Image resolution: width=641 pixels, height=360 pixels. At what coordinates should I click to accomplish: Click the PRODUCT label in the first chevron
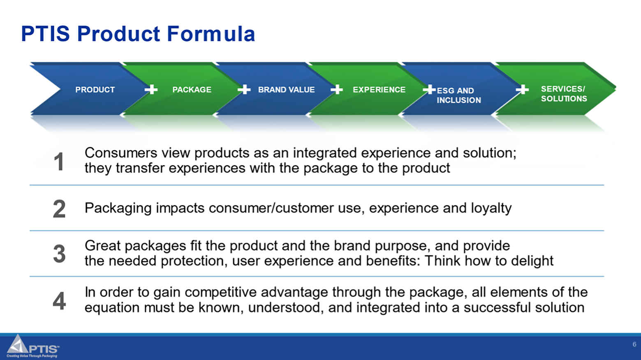coord(95,90)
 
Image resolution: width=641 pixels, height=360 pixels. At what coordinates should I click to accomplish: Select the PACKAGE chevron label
coord(192,90)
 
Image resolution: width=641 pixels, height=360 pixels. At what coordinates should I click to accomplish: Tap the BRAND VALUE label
coord(286,90)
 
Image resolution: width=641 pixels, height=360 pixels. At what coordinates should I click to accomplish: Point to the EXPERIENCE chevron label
coord(379,90)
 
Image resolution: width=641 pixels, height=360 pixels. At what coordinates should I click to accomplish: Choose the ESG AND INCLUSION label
coord(458,95)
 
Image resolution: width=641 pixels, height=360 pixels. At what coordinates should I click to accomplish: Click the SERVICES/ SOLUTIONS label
coord(564,94)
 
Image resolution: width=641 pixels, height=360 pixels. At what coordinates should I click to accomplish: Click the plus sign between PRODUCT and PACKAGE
coord(151,89)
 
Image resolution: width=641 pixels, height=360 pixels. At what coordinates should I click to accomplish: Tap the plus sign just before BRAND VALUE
coord(244,89)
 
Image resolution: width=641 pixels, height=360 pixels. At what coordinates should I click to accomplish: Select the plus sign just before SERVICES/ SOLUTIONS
coord(522,89)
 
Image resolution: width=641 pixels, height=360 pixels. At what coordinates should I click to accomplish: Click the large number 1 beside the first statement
coord(59,162)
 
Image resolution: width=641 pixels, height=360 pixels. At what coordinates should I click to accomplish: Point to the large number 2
coord(59,209)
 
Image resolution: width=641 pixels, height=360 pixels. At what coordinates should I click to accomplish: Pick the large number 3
coord(59,254)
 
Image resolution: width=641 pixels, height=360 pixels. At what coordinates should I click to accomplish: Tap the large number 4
coord(59,301)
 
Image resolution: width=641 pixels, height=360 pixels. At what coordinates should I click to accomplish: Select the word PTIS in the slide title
coord(45,34)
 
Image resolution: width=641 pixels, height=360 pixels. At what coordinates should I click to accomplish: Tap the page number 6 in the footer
coord(634,344)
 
